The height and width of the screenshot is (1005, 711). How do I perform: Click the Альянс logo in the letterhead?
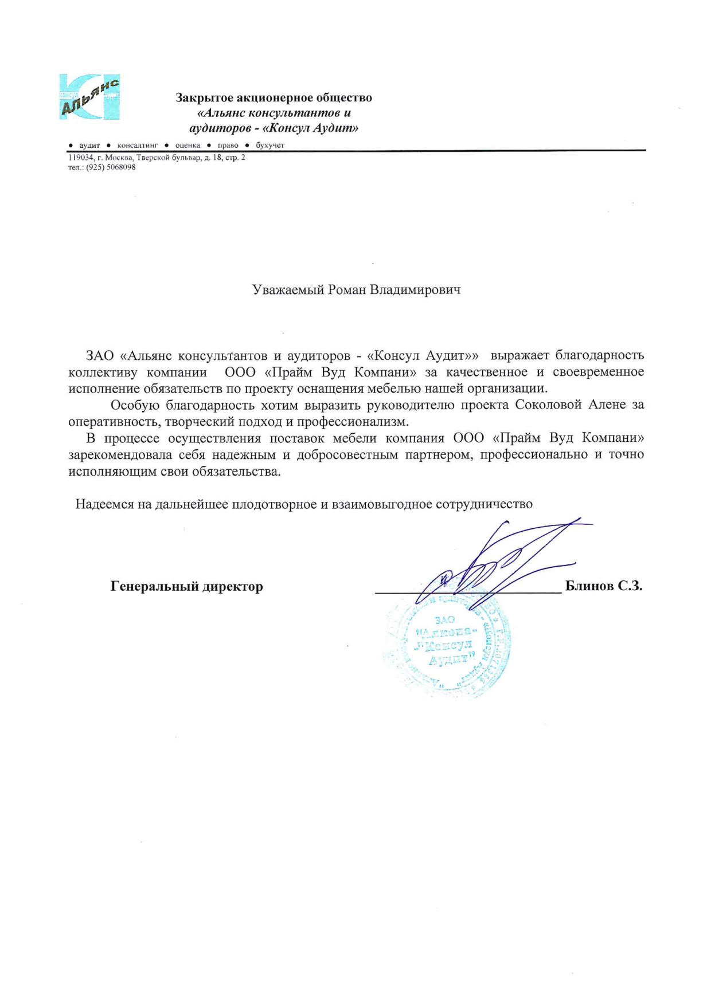[x=89, y=96]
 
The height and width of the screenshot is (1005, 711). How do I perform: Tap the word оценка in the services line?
[x=187, y=146]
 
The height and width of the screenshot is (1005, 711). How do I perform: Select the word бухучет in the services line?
[x=270, y=146]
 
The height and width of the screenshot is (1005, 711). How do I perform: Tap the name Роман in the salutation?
[x=346, y=290]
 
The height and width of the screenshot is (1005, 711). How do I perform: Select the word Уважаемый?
[x=288, y=290]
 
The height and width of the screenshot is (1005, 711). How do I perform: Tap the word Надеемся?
[x=104, y=504]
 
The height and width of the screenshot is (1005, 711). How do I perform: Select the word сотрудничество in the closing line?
[x=484, y=504]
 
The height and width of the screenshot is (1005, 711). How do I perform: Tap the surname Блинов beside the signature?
[x=589, y=586]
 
